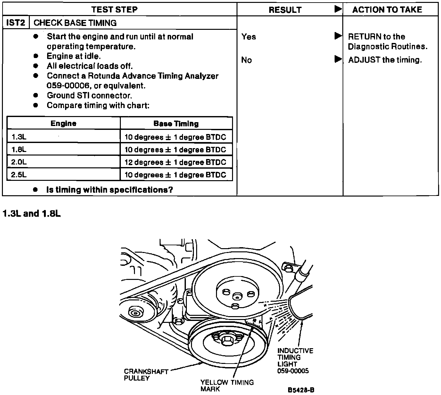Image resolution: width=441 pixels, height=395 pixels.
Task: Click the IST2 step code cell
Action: [x=15, y=23]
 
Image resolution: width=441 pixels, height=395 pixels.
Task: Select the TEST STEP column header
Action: [x=114, y=9]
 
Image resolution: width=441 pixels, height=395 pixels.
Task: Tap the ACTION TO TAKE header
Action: [x=387, y=10]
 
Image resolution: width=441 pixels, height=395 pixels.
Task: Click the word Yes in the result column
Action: [x=249, y=37]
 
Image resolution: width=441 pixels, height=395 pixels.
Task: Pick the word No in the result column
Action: [x=246, y=60]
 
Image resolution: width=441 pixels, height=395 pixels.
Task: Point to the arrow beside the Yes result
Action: [x=338, y=36]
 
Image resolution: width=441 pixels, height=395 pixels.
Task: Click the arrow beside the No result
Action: [x=338, y=59]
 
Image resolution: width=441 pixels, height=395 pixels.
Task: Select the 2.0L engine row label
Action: [x=19, y=162]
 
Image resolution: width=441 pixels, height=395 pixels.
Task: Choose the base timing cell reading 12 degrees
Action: [x=175, y=162]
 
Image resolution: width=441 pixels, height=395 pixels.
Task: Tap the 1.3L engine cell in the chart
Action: [x=19, y=137]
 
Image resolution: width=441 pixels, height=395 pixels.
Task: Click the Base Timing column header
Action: [x=176, y=123]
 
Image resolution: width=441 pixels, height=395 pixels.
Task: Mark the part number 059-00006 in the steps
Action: [x=67, y=86]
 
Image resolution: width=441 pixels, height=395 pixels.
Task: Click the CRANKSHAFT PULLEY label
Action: [x=146, y=375]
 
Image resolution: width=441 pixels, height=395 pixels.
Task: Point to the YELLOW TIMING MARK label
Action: [x=227, y=385]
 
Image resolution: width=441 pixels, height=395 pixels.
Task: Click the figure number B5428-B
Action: [x=301, y=390]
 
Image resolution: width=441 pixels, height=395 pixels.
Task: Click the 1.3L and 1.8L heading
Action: [x=31, y=214]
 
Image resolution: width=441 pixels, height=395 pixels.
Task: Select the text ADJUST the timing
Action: [x=385, y=60]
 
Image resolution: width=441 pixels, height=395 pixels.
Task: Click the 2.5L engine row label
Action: [x=19, y=175]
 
